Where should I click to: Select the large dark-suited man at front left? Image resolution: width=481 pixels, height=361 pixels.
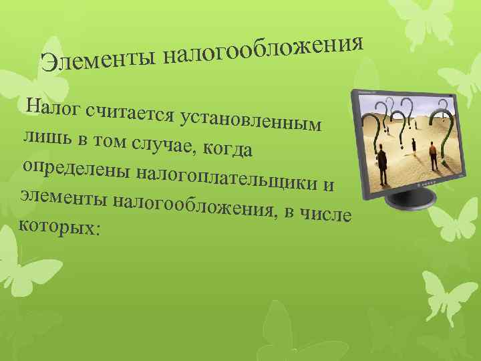(382, 163)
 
